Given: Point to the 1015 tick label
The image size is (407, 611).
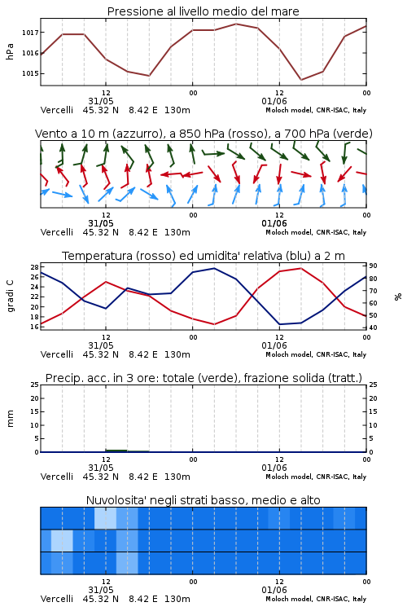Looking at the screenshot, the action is pos(30,73).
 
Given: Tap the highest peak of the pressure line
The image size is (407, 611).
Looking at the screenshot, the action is pos(236,24).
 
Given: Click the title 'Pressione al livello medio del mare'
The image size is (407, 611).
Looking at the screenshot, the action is pos(203,11).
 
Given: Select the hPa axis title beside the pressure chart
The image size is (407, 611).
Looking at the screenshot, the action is pos(10,51).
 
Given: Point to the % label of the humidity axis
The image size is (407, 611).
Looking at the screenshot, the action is pos(398,297).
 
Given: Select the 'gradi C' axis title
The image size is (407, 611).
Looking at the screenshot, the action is pos(11,296).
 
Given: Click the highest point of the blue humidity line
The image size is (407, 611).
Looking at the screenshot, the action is pos(214,268).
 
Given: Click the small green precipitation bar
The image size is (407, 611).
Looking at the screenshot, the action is pos(116,451).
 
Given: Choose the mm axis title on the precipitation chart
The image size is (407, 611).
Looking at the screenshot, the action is pos(10,419).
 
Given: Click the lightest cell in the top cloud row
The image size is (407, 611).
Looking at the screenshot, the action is pos(105,518).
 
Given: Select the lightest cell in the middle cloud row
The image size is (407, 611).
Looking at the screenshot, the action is pos(62,540).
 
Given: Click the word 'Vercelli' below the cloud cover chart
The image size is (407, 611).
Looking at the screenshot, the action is pos(57,599).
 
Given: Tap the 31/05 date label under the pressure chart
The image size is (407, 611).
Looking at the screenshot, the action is pos(100,101).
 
